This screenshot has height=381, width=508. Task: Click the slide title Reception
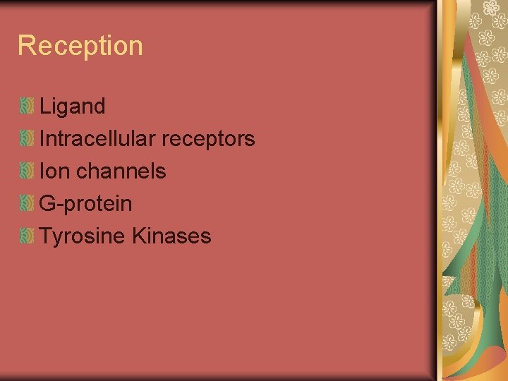point(80,46)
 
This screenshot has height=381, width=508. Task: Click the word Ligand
point(73,107)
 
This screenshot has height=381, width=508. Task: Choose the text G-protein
point(85,204)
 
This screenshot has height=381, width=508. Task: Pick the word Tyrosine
point(83,236)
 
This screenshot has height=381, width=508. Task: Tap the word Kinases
point(171,236)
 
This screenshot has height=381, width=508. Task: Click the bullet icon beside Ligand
point(27,107)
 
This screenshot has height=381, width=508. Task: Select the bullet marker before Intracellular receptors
point(27,139)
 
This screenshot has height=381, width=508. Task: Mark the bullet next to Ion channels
point(27,171)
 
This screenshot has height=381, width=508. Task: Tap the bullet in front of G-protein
point(27,203)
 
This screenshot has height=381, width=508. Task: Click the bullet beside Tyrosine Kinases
point(27,236)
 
